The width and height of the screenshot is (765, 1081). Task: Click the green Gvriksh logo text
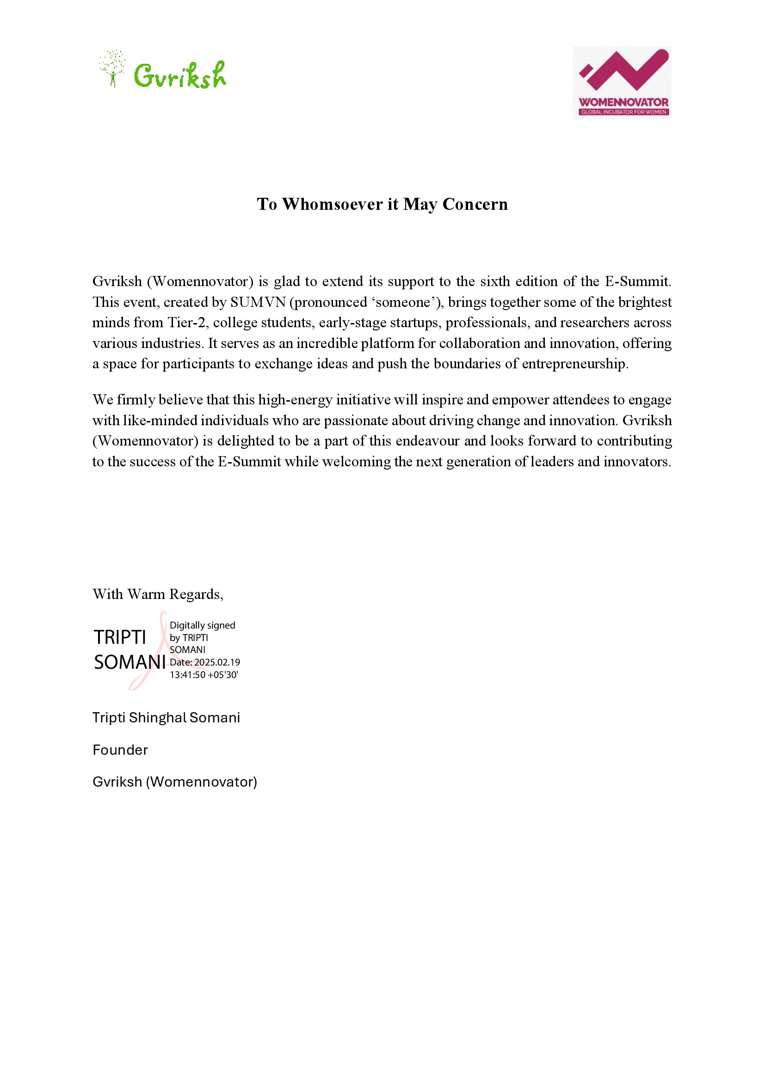pos(180,75)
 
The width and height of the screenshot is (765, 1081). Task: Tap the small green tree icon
pos(112,69)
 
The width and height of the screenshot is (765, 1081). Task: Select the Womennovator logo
pos(621,82)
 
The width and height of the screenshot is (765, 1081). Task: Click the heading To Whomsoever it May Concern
pos(382,204)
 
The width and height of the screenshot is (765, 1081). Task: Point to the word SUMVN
pos(258,302)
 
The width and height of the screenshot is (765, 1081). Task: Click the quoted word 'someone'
pos(404,302)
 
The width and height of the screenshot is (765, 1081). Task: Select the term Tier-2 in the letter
pos(186,323)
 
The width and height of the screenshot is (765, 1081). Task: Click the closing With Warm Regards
pos(158,594)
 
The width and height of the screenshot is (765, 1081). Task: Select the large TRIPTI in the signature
pos(120,637)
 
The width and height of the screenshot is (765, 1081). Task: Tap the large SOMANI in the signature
pos(130,662)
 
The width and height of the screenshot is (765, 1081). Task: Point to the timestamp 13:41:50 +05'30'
pos(204,675)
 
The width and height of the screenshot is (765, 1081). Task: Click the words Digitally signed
pos(202,625)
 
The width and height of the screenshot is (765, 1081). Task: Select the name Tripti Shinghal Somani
pos(167,718)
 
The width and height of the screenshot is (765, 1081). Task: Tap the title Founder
pos(120,750)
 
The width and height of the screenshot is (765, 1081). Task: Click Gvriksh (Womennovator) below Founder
pos(175,782)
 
